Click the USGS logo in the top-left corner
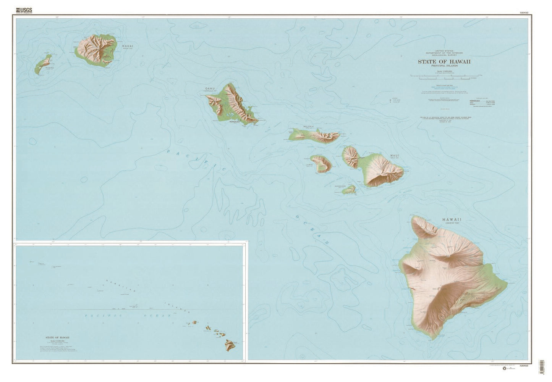click(23, 11)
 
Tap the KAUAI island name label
click(128, 46)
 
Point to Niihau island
click(43, 65)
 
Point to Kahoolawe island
click(349, 189)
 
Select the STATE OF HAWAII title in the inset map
click(57, 338)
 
